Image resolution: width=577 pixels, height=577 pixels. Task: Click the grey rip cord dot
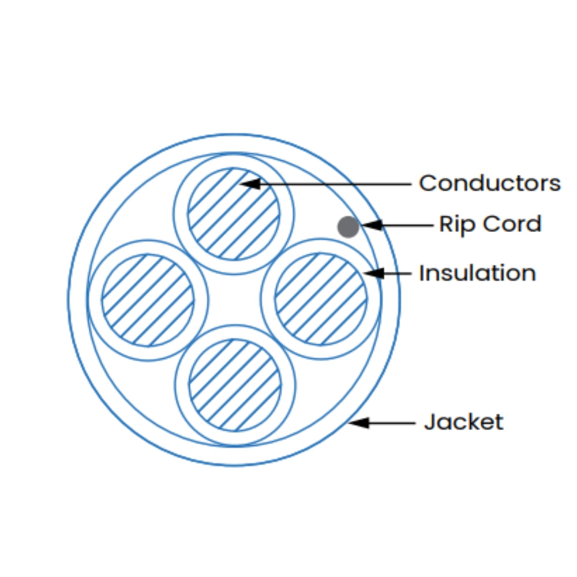[348, 227]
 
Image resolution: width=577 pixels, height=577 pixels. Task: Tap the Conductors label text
[489, 183]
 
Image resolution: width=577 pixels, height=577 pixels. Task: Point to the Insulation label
[477, 273]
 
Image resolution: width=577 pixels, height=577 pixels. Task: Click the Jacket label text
[464, 422]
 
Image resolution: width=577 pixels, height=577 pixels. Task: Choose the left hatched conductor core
[148, 300]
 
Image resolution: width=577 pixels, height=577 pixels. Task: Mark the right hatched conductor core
[321, 299]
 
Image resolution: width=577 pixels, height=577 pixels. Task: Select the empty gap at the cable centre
[234, 299]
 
